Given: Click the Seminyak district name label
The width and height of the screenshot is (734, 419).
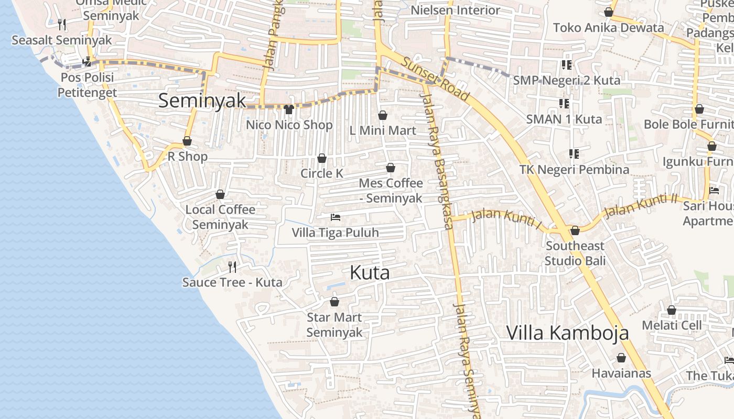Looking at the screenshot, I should coord(202,101).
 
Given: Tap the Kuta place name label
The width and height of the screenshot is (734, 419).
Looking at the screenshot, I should coord(370,273).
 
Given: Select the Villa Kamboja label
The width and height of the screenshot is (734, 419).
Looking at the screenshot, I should coord(567,333).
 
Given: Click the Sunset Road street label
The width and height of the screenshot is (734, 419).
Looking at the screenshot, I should coord(436,79).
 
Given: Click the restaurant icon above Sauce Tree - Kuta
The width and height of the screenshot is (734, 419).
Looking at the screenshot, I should coord(232,267).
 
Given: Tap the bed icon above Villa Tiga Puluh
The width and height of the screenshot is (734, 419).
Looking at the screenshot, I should coord(335,217).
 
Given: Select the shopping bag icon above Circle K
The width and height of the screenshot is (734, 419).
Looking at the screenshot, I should coord(322,158).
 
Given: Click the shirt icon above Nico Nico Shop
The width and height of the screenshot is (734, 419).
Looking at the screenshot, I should coord(288,109).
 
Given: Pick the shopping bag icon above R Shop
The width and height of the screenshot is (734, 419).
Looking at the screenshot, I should coord(187,141).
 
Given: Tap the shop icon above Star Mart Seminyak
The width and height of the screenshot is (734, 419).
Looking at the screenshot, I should coord(334,302).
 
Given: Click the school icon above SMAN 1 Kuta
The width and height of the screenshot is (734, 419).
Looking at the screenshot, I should coord(564,103).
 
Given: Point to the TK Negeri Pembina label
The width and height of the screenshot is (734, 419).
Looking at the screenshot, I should coord(574,170).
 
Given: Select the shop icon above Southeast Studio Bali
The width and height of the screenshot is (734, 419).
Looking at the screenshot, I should coord(575,230).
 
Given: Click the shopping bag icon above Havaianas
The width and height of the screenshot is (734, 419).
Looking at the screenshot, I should coord(621,358).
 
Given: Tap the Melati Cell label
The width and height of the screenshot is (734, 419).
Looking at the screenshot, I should coord(672,325).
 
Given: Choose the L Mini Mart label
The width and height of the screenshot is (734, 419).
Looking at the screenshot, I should coord(383,130).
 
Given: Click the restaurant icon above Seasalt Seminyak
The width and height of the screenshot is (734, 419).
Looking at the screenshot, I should coord(62,24).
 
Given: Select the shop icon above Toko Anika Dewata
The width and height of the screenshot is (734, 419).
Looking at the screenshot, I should coord(609,12).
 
